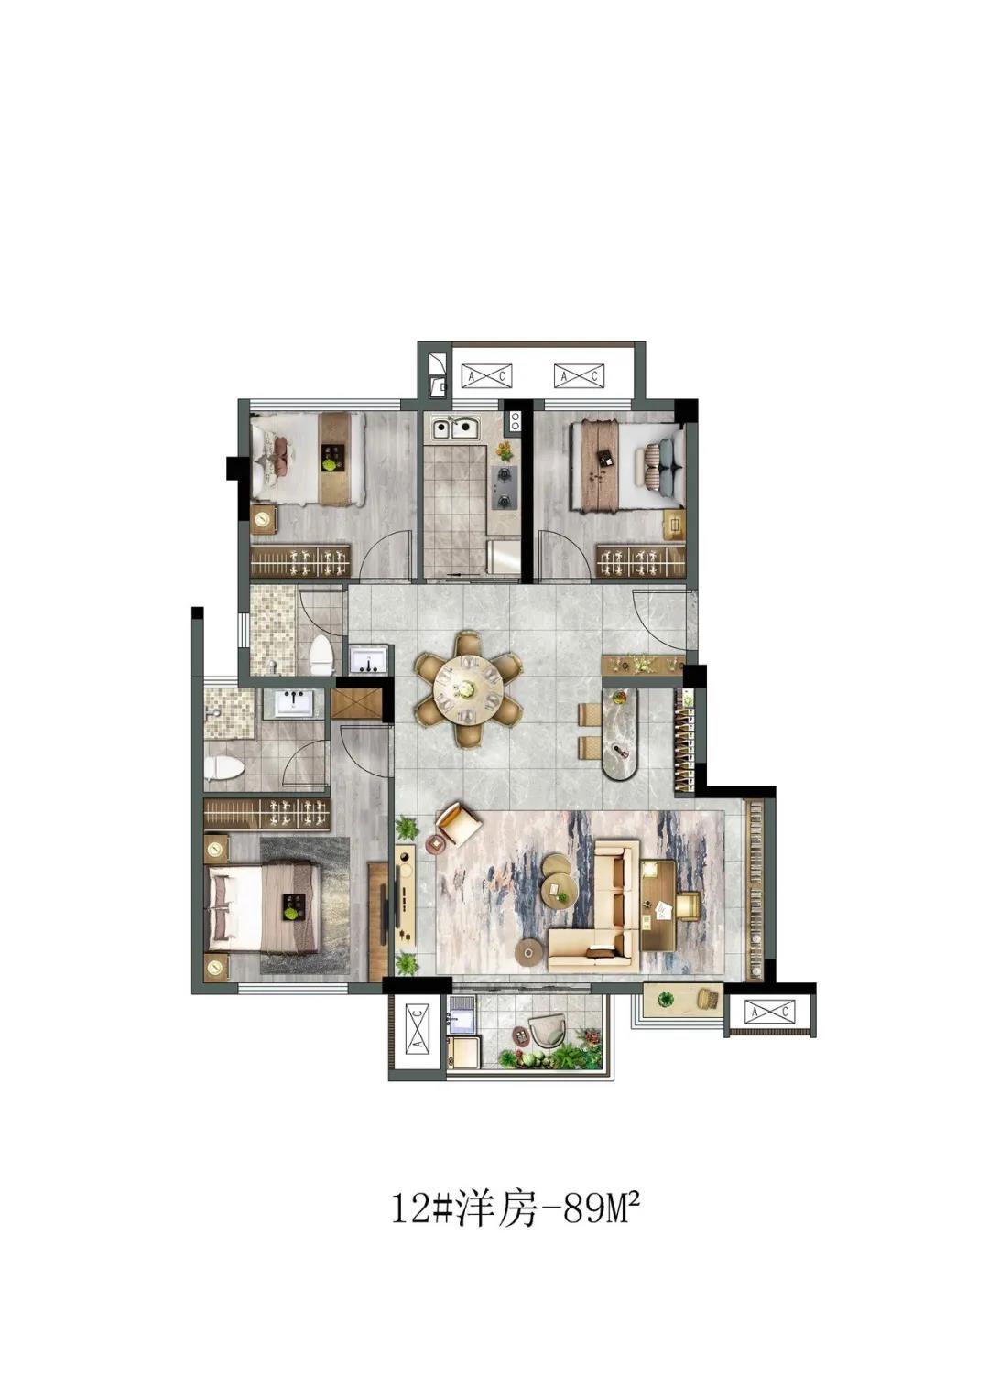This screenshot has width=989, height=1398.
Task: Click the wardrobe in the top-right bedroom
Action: click(x=641, y=561)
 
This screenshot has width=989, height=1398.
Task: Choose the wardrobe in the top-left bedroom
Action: click(x=300, y=561)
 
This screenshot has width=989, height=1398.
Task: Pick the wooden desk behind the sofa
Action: click(x=658, y=905)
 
